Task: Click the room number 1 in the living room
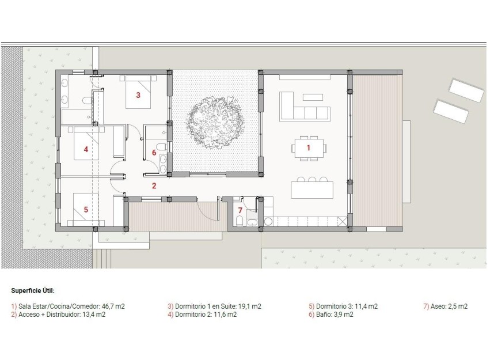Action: click(x=308, y=148)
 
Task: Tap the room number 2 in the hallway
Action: click(x=154, y=185)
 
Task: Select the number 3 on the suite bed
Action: click(x=138, y=96)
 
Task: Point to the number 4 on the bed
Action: click(x=86, y=149)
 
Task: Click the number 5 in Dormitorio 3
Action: click(x=86, y=210)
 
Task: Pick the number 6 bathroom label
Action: click(x=154, y=153)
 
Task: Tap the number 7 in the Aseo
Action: click(x=240, y=210)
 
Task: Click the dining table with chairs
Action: click(x=308, y=147)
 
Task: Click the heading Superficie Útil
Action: click(x=33, y=291)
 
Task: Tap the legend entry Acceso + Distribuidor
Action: click(x=58, y=315)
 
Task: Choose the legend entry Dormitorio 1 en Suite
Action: click(x=214, y=306)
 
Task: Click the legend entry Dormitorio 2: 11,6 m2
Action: click(x=202, y=315)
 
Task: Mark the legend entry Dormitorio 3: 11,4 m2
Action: click(x=343, y=306)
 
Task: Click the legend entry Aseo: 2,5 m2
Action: click(x=445, y=306)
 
